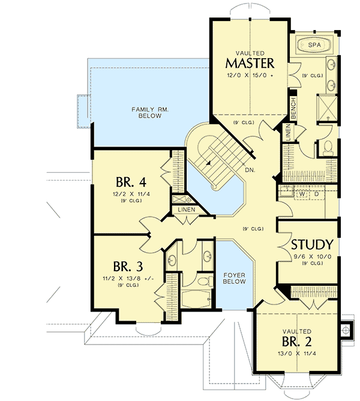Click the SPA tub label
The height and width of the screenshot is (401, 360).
point(314,45)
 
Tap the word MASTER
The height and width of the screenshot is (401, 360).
point(250,63)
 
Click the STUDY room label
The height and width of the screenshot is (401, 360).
point(312,245)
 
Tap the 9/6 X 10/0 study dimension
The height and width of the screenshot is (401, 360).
point(311,256)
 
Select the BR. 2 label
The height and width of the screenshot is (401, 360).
point(296,342)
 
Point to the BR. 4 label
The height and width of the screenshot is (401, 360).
point(130,181)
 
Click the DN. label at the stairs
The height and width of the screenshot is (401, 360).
point(249,170)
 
